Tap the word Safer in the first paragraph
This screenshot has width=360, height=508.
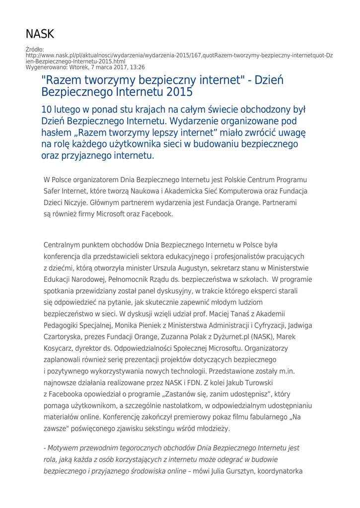tap(55, 190)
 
